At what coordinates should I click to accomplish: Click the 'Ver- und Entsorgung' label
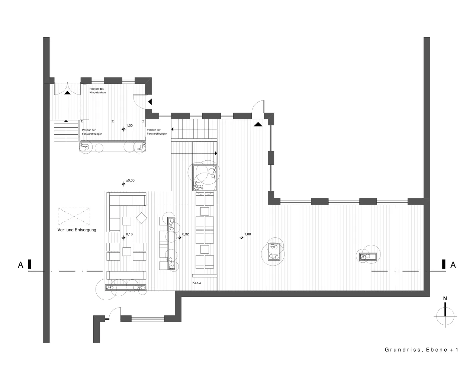pos(77,230)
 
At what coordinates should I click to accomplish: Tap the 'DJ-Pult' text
pos(197,283)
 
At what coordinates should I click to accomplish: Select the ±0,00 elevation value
pos(130,180)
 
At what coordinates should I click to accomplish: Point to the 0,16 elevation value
pos(129,234)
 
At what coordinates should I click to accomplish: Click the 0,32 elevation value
pos(186,234)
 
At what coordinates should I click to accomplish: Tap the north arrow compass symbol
pos(445,316)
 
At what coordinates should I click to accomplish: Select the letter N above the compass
pos(445,298)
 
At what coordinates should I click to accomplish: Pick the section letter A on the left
pos(20,265)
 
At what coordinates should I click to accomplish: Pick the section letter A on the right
pos(453,265)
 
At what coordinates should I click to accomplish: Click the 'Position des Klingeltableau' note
pos(97,91)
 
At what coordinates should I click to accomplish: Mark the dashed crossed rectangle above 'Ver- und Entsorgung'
pos(74,217)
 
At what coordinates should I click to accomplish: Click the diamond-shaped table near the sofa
pos(142,218)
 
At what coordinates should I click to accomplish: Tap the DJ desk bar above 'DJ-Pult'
pos(205,276)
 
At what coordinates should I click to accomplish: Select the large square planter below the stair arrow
pos(205,178)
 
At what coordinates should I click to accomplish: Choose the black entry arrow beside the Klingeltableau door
pos(150,102)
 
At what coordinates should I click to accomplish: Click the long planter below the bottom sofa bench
pos(126,288)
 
